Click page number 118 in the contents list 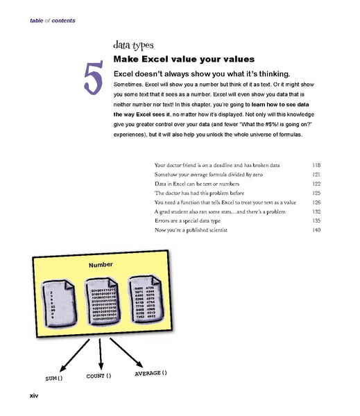tap(316, 165)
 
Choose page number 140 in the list tap(316, 229)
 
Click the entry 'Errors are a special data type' tap(198, 220)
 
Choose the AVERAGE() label tap(150, 374)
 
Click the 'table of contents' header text tap(53, 21)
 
